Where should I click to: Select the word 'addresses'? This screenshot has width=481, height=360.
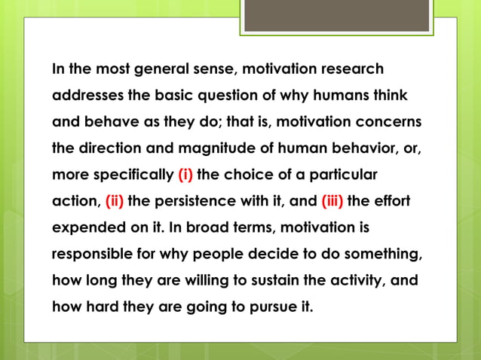[84, 97]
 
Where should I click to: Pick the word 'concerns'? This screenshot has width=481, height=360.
[389, 122]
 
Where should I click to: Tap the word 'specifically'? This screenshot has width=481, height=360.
[136, 175]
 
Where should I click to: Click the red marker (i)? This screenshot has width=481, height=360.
[185, 175]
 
